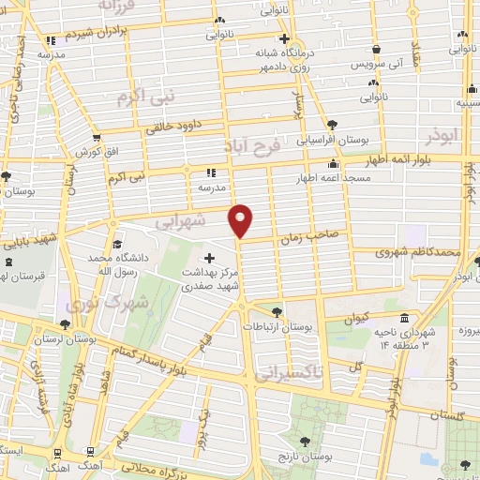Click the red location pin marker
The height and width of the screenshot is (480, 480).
coord(241,220)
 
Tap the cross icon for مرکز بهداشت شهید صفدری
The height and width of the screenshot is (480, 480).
coord(209,257)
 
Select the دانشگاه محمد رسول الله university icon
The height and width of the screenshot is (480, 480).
coord(116,244)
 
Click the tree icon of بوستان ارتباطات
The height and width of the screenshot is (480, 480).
coord(276,312)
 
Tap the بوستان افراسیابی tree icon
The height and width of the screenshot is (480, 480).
coord(331,124)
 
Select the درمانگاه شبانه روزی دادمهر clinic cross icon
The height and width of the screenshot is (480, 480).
coord(285,40)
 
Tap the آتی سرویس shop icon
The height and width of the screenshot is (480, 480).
coord(376,50)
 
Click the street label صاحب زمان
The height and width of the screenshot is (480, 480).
coord(301,240)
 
